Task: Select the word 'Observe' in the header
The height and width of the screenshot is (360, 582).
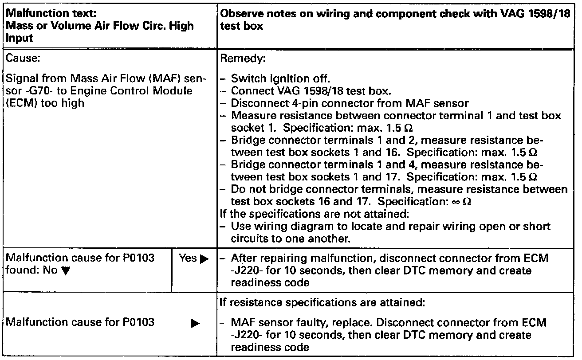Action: click(x=237, y=15)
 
